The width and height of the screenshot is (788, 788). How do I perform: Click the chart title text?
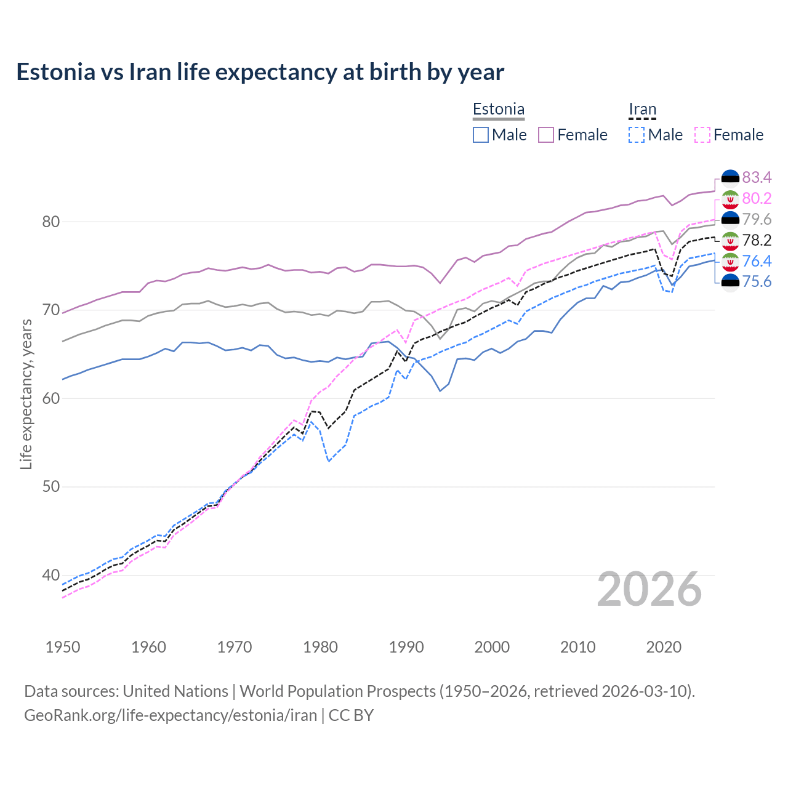[260, 72]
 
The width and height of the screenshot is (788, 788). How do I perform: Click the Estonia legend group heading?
[498, 110]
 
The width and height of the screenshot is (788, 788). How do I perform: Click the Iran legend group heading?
[642, 110]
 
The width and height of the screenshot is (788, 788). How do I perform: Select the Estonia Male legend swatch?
[481, 135]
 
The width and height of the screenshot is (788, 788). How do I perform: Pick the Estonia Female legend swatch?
[546, 135]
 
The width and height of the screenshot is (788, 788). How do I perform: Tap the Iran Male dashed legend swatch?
[637, 135]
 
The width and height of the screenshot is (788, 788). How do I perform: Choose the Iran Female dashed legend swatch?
[702, 135]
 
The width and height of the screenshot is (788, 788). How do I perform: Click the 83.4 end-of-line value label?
[757, 177]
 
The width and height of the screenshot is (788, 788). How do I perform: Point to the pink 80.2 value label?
[757, 198]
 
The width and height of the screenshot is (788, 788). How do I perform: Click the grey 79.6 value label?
[757, 219]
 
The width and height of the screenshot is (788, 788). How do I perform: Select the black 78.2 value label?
[757, 240]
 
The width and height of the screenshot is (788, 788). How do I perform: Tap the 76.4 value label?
[757, 261]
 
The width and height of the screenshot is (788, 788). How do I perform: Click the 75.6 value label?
[757, 282]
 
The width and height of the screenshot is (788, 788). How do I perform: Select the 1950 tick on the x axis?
[63, 647]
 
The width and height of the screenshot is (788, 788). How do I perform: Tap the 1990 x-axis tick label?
[406, 647]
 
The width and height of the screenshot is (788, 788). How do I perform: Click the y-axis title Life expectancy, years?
[26, 394]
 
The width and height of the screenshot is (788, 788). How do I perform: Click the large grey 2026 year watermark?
[649, 590]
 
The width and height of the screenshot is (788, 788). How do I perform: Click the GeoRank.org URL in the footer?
[171, 715]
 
